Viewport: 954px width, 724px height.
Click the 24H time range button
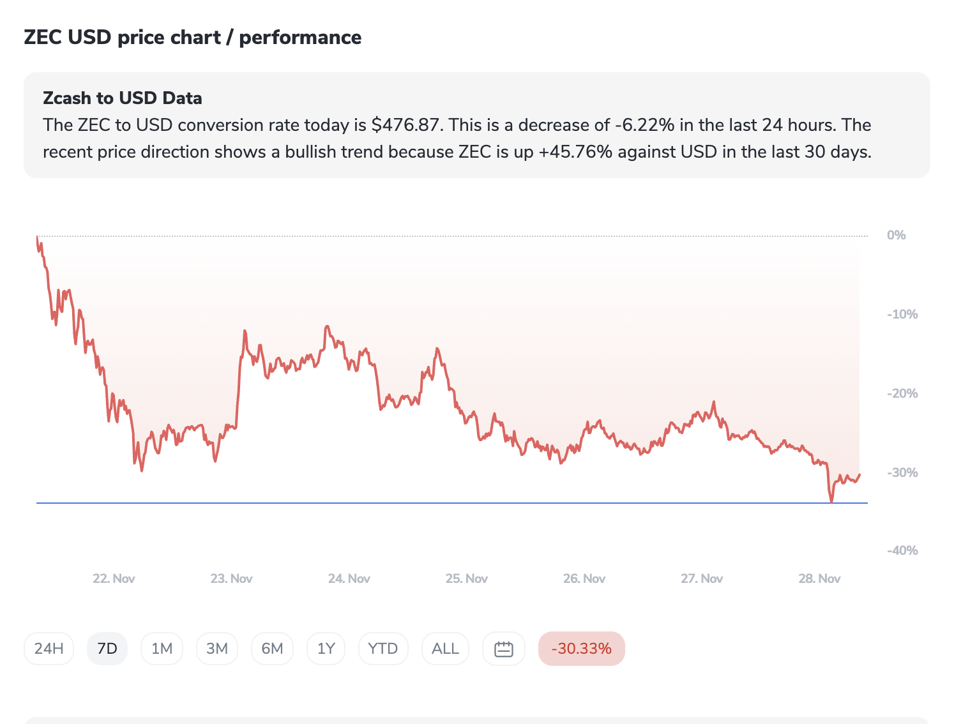49,649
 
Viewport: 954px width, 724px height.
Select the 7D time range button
107,649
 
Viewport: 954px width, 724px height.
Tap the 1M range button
162,649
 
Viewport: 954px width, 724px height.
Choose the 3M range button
217,649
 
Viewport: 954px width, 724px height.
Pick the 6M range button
272,649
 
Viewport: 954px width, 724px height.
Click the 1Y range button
326,649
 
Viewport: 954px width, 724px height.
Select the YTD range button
383,649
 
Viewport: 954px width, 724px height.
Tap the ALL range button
445,649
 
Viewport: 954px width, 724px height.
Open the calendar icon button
504,649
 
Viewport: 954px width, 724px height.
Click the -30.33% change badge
581,649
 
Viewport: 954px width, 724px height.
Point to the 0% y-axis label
896,235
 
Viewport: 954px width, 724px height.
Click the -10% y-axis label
902,314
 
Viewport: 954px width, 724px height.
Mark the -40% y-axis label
902,550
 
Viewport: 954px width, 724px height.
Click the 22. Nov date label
114,578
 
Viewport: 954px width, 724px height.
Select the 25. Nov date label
467,578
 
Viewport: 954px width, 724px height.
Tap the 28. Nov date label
819,578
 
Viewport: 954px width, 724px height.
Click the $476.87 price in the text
406,125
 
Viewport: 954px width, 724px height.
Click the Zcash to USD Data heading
123,98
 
